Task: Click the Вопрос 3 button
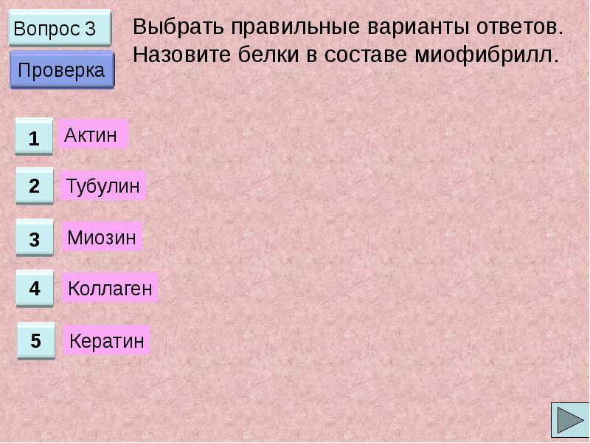click(60, 29)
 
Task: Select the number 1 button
click(34, 137)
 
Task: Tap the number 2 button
click(35, 186)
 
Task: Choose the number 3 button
click(35, 238)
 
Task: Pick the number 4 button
click(35, 289)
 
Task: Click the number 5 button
click(36, 341)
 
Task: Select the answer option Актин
click(91, 134)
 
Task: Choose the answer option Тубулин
click(103, 186)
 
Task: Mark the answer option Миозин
click(102, 238)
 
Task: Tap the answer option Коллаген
click(110, 289)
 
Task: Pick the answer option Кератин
click(107, 341)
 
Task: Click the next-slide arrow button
click(569, 420)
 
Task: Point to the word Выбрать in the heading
click(178, 28)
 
